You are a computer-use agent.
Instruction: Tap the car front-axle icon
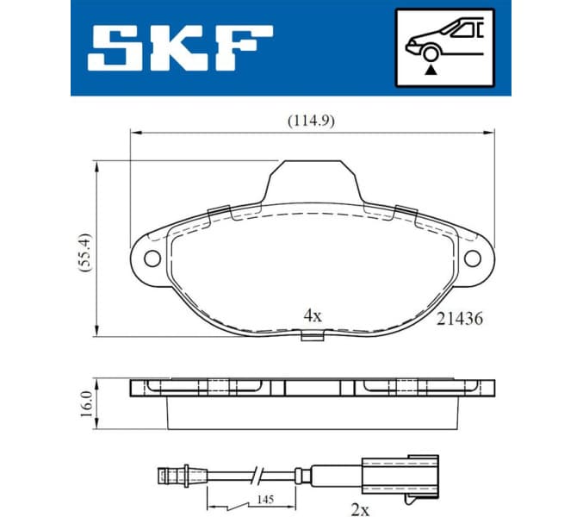point(444,47)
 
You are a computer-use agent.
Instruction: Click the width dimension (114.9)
point(311,121)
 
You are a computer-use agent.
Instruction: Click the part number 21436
point(459,318)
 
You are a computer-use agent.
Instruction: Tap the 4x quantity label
point(312,315)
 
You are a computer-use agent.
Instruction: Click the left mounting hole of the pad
point(152,258)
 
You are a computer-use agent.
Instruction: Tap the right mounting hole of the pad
point(472,258)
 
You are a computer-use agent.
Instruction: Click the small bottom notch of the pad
point(311,334)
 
